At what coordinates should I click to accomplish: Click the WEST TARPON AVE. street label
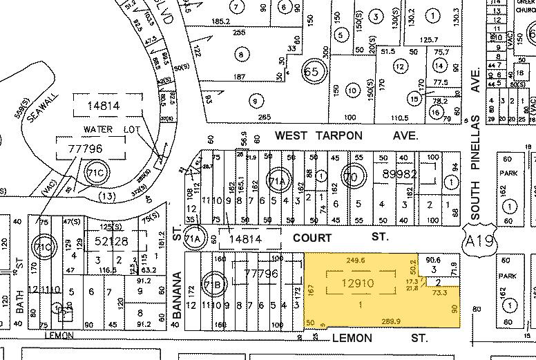(346, 136)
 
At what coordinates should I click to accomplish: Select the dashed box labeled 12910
(357, 284)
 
